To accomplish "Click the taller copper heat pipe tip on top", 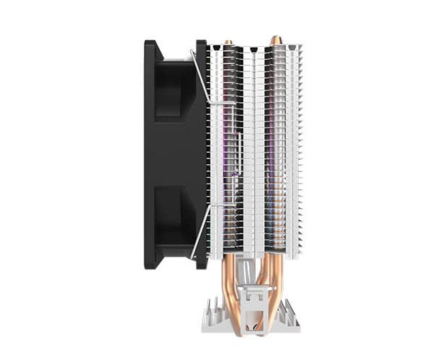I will [275, 40].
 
